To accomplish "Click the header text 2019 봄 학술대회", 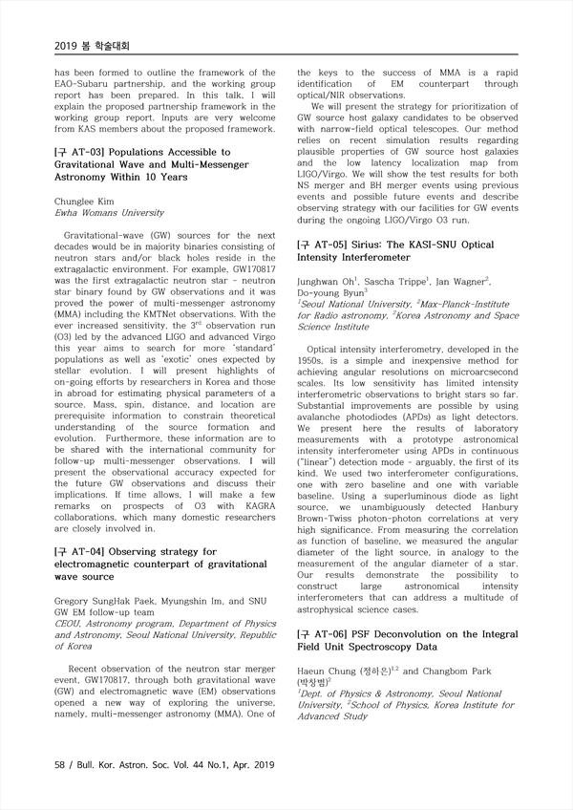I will coord(92,45).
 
